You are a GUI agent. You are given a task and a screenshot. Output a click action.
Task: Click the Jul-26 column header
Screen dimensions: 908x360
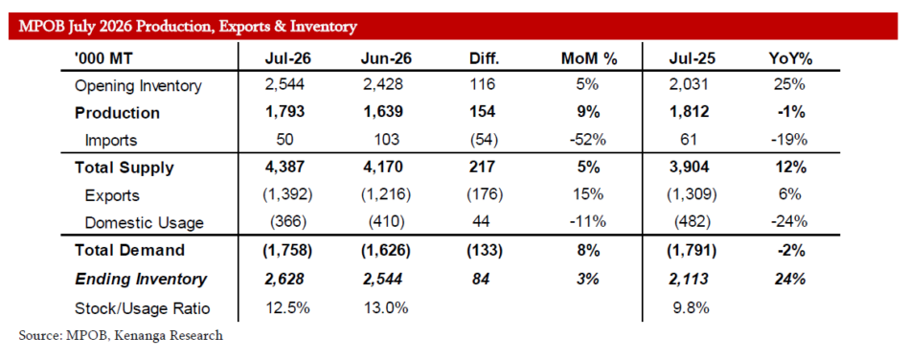[284, 58]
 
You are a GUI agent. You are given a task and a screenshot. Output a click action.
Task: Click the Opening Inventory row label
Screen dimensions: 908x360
[138, 86]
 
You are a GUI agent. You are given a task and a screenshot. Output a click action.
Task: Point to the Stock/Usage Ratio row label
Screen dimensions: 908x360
[142, 308]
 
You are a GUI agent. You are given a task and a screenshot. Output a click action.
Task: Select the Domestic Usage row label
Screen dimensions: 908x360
[145, 223]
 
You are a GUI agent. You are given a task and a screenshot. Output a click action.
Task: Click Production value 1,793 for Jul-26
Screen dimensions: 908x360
[284, 113]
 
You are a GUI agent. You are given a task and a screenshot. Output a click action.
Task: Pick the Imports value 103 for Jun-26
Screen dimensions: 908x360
[386, 140]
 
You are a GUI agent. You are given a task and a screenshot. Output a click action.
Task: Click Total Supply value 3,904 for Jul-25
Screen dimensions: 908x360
[689, 168]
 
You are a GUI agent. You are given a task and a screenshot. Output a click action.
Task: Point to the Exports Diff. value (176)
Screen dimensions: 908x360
[484, 195]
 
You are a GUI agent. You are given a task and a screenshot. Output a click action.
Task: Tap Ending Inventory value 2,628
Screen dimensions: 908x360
[284, 280]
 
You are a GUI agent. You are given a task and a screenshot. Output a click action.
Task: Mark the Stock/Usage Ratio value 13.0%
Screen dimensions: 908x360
[386, 308]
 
